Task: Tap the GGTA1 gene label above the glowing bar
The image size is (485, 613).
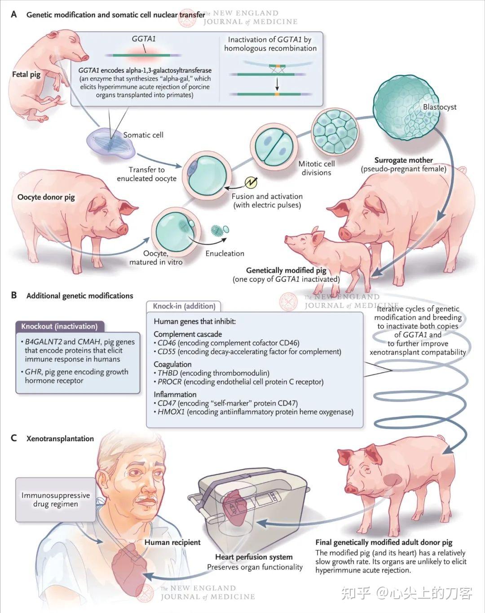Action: click(x=144, y=39)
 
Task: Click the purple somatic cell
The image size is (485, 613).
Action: click(x=110, y=143)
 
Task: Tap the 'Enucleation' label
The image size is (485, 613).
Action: click(x=225, y=254)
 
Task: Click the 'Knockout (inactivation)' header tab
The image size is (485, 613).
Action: click(x=59, y=326)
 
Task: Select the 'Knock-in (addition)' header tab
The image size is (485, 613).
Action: click(x=184, y=306)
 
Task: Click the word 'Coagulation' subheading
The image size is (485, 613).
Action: click(x=172, y=364)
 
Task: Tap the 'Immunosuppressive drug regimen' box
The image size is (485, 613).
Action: click(x=56, y=499)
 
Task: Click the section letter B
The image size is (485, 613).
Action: click(x=14, y=295)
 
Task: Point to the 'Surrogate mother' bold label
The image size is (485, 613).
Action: click(x=403, y=160)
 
